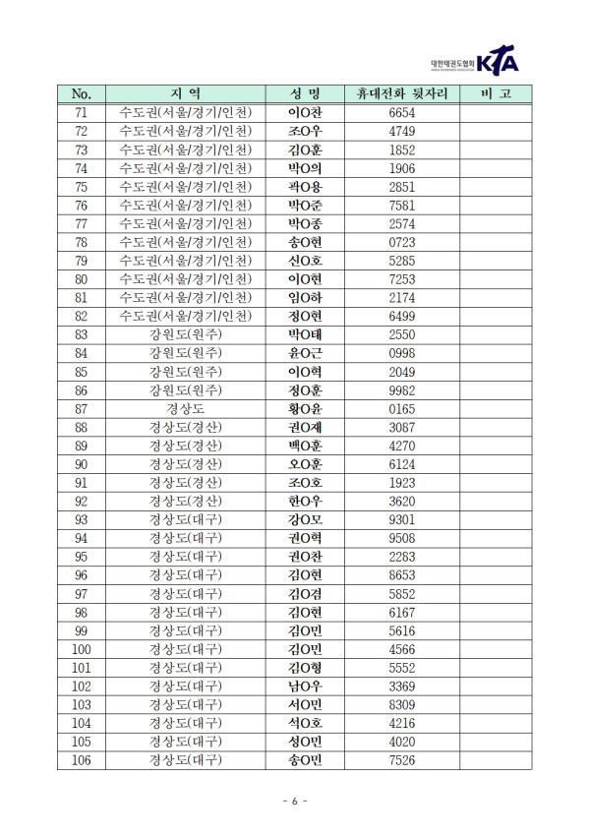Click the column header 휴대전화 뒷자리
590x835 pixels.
pos(401,94)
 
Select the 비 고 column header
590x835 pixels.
pos(495,94)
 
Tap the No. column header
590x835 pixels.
pos(82,94)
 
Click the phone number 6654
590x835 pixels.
pos(401,113)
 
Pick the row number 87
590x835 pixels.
pos(82,408)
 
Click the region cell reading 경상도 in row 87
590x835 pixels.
pos(185,408)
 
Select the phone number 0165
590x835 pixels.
pos(401,408)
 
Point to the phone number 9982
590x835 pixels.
pos(401,389)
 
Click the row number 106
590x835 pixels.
pos(82,760)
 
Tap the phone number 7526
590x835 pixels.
pos(401,760)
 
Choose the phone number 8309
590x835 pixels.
pos(401,704)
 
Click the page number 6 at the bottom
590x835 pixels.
pos(294,803)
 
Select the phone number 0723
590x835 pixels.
pos(401,242)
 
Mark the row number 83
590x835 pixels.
pos(82,334)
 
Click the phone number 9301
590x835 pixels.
pos(401,519)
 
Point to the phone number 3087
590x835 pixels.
pos(401,427)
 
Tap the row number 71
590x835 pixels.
pos(82,113)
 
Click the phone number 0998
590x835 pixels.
pos(401,353)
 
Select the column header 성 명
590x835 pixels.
pos(305,94)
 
